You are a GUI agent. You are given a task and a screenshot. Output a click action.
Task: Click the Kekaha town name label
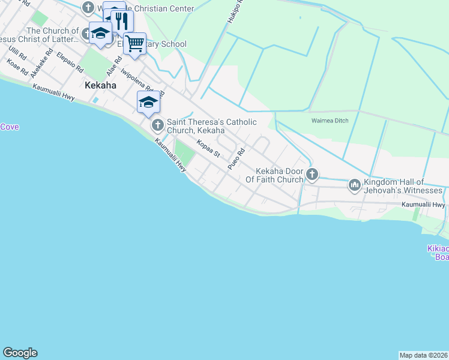(x=100, y=85)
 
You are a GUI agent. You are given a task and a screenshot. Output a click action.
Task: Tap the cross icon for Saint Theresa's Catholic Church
(x=157, y=125)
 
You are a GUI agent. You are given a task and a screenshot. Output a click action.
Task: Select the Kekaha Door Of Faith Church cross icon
(x=312, y=175)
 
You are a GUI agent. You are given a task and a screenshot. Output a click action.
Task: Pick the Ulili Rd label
(x=18, y=54)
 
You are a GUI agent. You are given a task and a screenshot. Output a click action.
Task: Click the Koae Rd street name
(x=17, y=66)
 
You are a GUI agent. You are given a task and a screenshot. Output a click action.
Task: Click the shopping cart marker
(x=135, y=43)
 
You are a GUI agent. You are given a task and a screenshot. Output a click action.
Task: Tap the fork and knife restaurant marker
(x=122, y=22)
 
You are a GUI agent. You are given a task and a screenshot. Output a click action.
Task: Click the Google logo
(x=20, y=353)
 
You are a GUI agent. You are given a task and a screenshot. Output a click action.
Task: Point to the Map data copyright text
(x=423, y=355)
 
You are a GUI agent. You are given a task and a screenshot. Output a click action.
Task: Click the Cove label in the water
(x=9, y=127)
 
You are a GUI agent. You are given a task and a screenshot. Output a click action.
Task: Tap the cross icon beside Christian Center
(x=89, y=8)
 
